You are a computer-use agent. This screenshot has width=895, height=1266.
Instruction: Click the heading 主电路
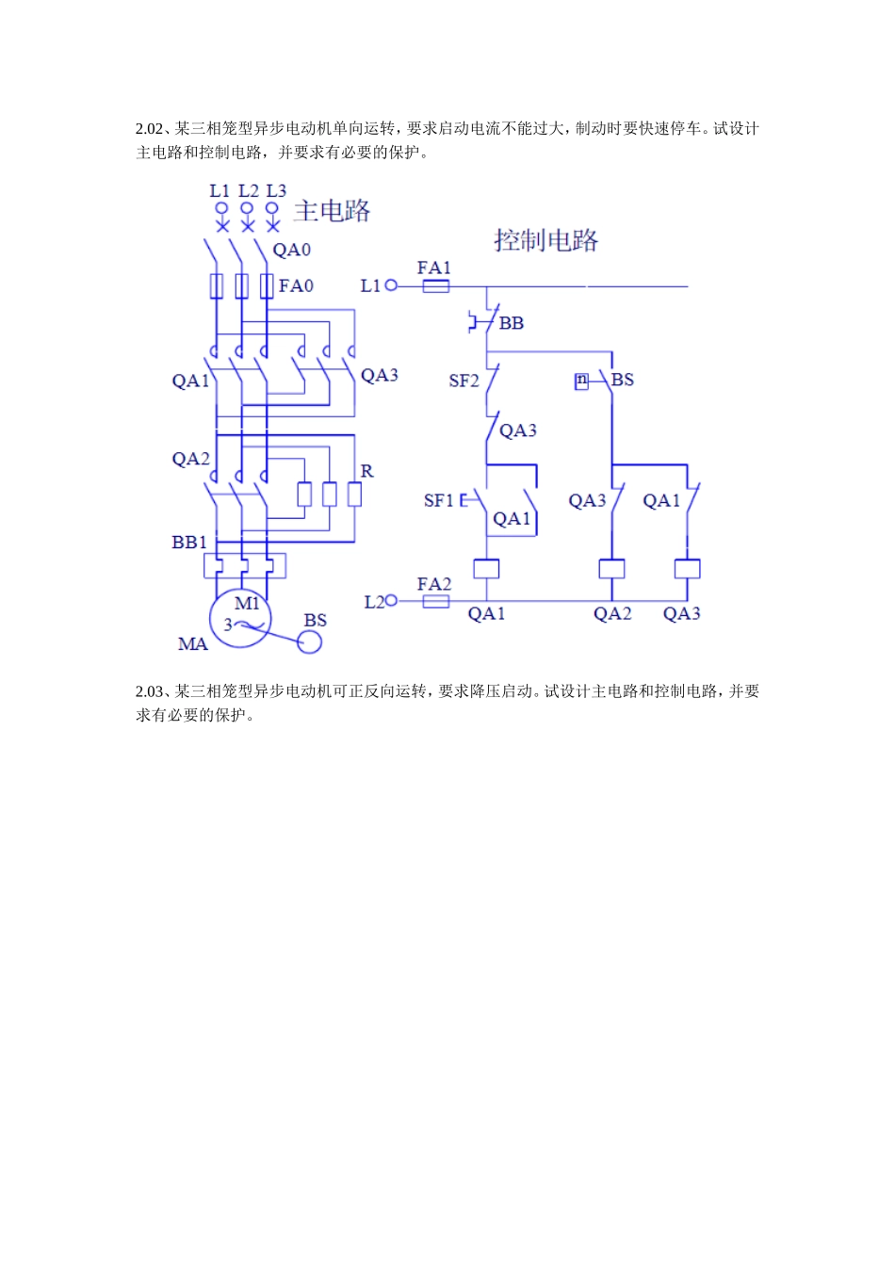pyautogui.click(x=332, y=211)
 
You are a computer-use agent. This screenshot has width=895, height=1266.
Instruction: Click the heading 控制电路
pyautogui.click(x=545, y=240)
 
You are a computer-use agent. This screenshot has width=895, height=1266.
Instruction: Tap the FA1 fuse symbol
pyautogui.click(x=435, y=285)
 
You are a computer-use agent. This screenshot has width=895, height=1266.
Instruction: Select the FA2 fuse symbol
pyautogui.click(x=435, y=601)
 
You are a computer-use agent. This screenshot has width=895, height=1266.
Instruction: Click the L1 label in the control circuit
pyautogui.click(x=370, y=285)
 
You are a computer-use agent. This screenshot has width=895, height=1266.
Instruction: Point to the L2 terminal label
pyautogui.click(x=374, y=602)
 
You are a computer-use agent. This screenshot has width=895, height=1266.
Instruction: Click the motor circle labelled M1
pyautogui.click(x=241, y=619)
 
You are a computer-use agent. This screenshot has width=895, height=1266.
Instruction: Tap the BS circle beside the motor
pyautogui.click(x=309, y=641)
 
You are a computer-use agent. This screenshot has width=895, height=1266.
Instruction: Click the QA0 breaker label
pyautogui.click(x=291, y=251)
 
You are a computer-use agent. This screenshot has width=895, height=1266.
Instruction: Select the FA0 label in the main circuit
pyautogui.click(x=296, y=285)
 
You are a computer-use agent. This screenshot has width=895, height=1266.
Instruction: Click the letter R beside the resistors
pyautogui.click(x=366, y=471)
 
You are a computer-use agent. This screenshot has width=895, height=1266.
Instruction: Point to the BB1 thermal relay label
pyautogui.click(x=189, y=543)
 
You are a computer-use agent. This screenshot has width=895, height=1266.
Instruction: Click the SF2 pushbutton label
pyautogui.click(x=464, y=381)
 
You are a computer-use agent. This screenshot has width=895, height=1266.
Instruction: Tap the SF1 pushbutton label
pyautogui.click(x=439, y=500)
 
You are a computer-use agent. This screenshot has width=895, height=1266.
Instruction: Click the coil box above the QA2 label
pyautogui.click(x=612, y=569)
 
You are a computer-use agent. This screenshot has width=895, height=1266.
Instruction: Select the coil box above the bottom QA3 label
pyautogui.click(x=687, y=569)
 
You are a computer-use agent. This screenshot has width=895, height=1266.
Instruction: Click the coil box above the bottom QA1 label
pyautogui.click(x=486, y=569)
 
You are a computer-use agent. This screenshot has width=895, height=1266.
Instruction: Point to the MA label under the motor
pyautogui.click(x=193, y=644)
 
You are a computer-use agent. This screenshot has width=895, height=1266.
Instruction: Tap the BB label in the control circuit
pyautogui.click(x=511, y=324)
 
